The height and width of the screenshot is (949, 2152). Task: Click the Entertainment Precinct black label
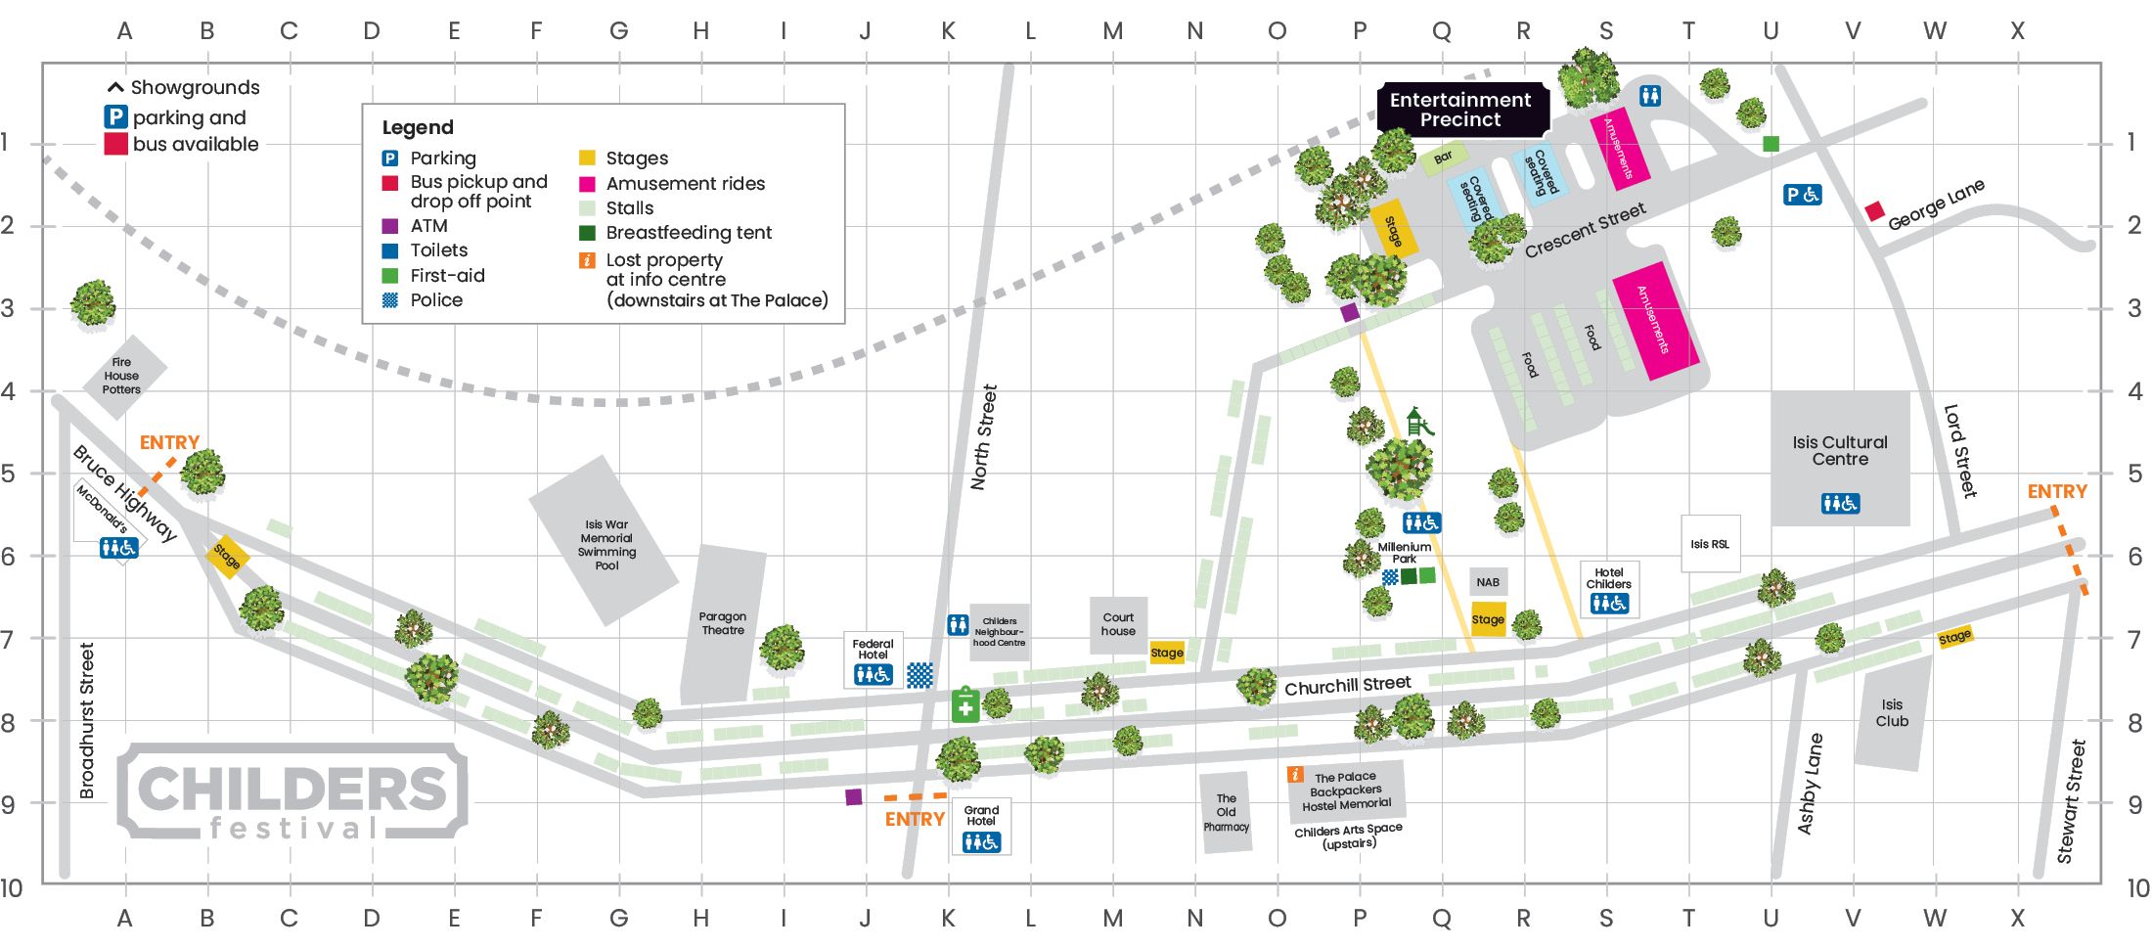click(1460, 110)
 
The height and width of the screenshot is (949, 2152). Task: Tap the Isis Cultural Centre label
click(1840, 451)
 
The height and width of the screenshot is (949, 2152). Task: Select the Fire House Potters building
click(121, 377)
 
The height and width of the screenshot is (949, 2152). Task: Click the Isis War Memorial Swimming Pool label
click(606, 545)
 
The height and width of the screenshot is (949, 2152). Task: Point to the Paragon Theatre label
click(723, 623)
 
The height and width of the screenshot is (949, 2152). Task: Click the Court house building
click(1118, 624)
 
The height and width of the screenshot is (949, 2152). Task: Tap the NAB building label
click(1488, 582)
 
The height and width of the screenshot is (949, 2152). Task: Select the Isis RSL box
click(1710, 544)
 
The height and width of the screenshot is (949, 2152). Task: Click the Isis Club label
click(1892, 713)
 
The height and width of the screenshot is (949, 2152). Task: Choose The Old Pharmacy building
click(1226, 813)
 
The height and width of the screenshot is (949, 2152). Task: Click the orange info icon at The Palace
click(1295, 775)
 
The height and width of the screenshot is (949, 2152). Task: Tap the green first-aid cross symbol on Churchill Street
click(965, 706)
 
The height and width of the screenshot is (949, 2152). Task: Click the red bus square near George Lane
click(1874, 211)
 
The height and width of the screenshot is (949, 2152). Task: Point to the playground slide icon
click(1418, 423)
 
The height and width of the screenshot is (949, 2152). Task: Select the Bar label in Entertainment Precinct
click(1443, 158)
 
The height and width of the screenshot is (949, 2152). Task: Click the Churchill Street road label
click(1347, 686)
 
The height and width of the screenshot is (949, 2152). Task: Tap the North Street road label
click(984, 437)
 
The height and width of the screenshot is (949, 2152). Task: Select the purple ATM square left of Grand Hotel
click(854, 797)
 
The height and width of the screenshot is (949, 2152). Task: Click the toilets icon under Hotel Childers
click(1609, 604)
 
